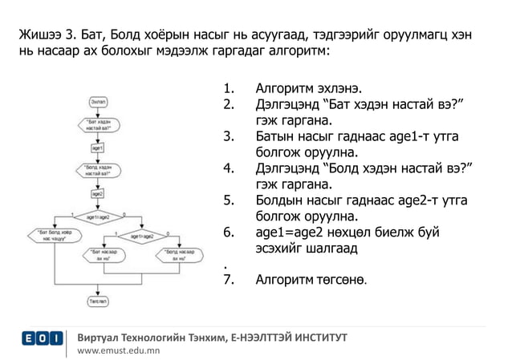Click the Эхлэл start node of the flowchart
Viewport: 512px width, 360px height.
point(97,102)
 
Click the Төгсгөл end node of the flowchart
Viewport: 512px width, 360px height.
point(97,301)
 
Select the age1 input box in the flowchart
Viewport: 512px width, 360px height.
point(97,148)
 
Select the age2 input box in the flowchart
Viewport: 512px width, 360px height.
point(97,194)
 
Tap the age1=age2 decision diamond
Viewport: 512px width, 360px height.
point(97,216)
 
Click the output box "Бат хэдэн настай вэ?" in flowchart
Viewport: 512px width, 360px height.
point(97,125)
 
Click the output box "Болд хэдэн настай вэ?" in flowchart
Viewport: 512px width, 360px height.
point(97,171)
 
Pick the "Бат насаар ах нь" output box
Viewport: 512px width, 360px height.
point(105,257)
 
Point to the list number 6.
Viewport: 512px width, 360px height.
point(228,233)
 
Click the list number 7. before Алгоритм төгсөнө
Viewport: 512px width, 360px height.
point(228,280)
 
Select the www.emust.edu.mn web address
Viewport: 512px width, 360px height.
point(118,350)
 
